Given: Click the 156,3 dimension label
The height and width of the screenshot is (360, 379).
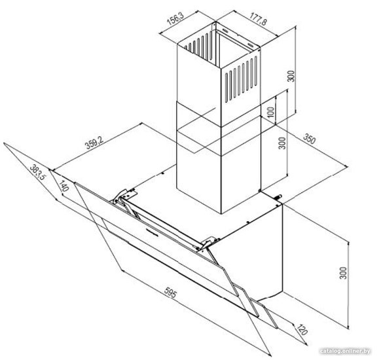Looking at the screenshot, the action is pyautogui.click(x=175, y=18).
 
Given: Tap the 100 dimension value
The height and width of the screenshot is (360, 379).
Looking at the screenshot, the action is pyautogui.click(x=271, y=112).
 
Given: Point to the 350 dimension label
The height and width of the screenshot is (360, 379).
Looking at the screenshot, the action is pyautogui.click(x=309, y=139).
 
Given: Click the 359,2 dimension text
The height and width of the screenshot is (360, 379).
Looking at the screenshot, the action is pyautogui.click(x=94, y=143).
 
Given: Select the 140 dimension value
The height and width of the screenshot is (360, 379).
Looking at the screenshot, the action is pyautogui.click(x=64, y=186).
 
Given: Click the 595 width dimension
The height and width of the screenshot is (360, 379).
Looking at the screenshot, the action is pyautogui.click(x=171, y=292).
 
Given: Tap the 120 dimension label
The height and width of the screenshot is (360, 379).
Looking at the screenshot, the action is pyautogui.click(x=301, y=330).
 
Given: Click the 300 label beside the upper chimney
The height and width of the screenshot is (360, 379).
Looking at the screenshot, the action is pyautogui.click(x=291, y=76).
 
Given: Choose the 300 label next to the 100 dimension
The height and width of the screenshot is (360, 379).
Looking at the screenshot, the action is pyautogui.click(x=282, y=143).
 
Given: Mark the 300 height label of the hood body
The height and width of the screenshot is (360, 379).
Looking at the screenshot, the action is pyautogui.click(x=343, y=273).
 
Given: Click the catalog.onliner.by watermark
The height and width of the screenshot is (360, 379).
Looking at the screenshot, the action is pyautogui.click(x=345, y=351).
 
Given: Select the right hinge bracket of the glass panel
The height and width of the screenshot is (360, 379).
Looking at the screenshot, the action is pyautogui.click(x=207, y=243).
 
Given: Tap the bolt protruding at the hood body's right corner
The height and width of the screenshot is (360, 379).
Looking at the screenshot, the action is pyautogui.click(x=278, y=196).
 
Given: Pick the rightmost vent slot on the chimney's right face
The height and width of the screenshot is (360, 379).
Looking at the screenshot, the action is pyautogui.click(x=256, y=71).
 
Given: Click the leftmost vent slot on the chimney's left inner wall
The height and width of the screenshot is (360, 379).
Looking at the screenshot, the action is pyautogui.click(x=186, y=48).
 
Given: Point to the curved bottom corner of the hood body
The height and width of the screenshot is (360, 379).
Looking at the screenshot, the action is pyautogui.click(x=271, y=297).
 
